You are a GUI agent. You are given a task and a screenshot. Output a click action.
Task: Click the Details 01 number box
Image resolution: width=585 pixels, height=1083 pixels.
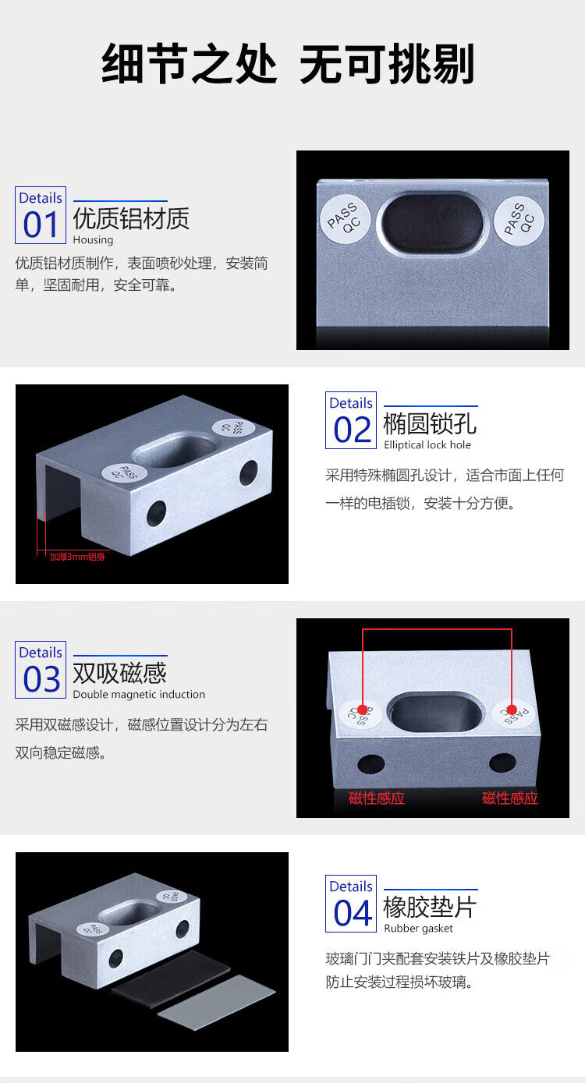[x=41, y=215]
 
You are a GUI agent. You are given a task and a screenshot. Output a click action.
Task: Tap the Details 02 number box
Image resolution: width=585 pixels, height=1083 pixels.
[x=351, y=420]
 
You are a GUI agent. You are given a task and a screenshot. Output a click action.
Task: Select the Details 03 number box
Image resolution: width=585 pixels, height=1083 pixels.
[x=41, y=670]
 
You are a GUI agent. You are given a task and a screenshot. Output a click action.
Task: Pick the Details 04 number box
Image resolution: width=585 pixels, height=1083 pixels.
[x=351, y=904]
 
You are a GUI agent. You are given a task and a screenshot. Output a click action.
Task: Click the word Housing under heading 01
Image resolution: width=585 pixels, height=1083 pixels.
[x=94, y=240]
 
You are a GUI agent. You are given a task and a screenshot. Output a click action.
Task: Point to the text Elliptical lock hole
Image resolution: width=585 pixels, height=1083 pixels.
[x=427, y=444]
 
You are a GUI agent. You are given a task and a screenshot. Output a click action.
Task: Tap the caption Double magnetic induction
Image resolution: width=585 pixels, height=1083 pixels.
[x=139, y=694]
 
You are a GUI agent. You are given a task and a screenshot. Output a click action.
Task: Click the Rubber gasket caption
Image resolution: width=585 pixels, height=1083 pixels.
[x=418, y=929]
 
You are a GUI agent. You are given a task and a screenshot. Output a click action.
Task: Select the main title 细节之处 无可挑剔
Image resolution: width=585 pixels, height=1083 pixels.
[x=288, y=63]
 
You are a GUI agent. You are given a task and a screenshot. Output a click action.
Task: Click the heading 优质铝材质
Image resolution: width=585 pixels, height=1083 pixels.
[x=131, y=218]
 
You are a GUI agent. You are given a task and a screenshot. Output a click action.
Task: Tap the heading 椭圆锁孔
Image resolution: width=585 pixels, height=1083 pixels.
[x=430, y=423]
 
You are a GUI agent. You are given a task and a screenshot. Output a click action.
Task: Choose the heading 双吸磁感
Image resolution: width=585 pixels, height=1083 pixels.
[x=119, y=673]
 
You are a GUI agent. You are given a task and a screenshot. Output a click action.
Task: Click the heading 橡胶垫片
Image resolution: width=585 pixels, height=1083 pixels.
[x=430, y=907]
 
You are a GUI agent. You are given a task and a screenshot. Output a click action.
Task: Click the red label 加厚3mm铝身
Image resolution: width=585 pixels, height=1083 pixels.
[x=77, y=557]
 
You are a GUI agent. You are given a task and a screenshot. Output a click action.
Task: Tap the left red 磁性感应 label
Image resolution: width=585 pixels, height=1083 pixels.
[x=377, y=798]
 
